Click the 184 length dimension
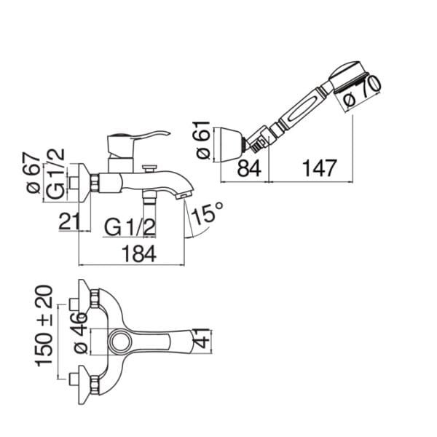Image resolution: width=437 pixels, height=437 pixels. [139, 253]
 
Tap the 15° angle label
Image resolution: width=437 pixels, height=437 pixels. [208, 213]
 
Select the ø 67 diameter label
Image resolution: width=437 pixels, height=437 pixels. [33, 173]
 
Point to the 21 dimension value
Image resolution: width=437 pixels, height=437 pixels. [69, 221]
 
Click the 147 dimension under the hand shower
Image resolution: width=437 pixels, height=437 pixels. [320, 168]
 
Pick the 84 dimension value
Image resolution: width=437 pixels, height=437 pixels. [249, 168]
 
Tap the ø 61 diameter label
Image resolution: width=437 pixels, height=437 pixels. [202, 140]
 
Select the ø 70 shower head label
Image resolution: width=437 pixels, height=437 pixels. [362, 91]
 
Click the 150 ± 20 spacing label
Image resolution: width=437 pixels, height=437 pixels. [44, 326]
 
